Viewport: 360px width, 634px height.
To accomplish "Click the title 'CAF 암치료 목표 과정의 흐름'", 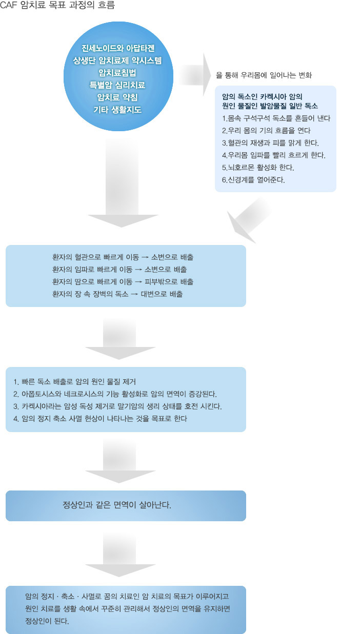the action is [57, 5].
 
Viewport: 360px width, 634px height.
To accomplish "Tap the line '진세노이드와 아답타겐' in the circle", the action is [118, 48].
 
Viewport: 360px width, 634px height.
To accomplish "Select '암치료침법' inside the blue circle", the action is [117, 73].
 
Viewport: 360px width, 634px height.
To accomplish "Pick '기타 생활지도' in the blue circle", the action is [117, 110].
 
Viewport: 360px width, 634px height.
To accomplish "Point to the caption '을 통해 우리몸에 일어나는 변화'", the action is [264, 75].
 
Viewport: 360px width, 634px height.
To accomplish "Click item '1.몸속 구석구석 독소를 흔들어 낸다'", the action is [276, 118].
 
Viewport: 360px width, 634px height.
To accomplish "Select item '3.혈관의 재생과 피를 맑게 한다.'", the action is [270, 143].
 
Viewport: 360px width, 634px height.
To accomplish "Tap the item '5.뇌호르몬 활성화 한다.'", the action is [258, 168].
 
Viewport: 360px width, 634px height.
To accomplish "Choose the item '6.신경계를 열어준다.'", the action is [253, 180].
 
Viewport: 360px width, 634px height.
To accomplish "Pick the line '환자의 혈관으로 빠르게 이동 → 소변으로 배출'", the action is [123, 257].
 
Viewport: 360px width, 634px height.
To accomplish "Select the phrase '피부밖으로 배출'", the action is [169, 281].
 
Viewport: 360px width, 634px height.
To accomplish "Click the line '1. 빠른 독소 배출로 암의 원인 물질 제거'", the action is [74, 382].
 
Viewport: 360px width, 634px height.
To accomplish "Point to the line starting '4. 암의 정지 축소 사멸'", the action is [101, 419].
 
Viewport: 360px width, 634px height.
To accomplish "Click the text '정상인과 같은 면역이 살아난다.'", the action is [117, 505].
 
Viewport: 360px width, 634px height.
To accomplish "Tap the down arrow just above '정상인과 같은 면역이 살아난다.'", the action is [120, 461].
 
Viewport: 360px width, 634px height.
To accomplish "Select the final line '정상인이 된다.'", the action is [47, 621].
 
